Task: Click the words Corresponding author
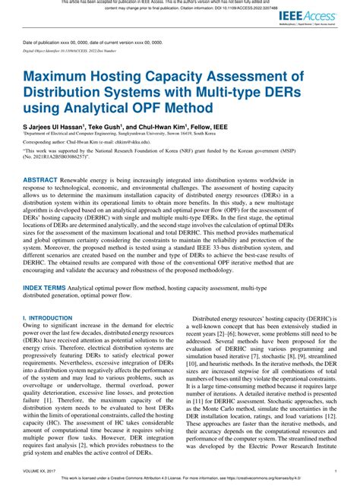click(x=46, y=141)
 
